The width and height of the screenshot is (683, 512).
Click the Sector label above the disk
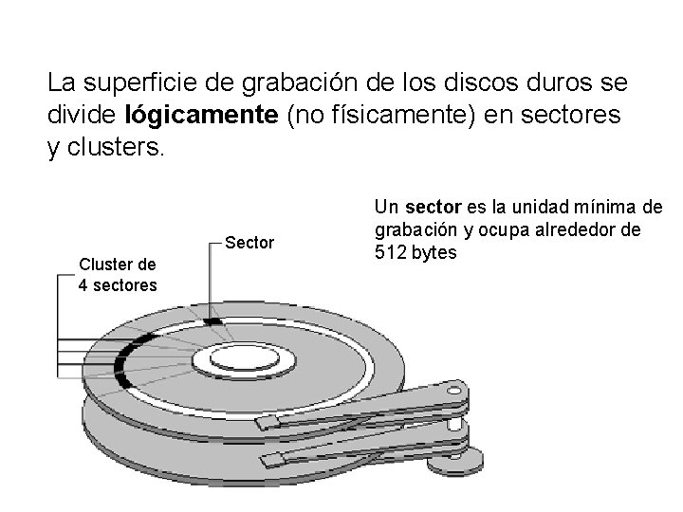(250, 244)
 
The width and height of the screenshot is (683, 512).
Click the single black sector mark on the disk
(214, 322)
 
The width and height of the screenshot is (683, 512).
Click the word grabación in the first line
(314, 83)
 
